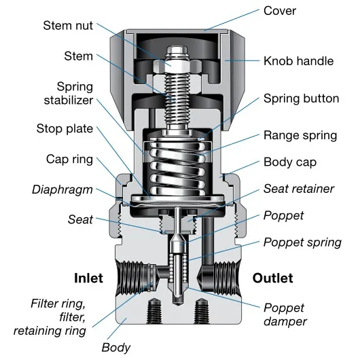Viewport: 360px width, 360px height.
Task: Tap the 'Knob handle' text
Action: click(298, 61)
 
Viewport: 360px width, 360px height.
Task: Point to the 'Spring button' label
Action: click(301, 98)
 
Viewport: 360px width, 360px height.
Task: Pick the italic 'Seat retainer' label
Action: click(298, 189)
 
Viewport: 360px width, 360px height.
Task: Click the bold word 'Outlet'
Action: click(272, 278)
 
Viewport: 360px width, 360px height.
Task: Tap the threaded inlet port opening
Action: click(130, 278)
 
